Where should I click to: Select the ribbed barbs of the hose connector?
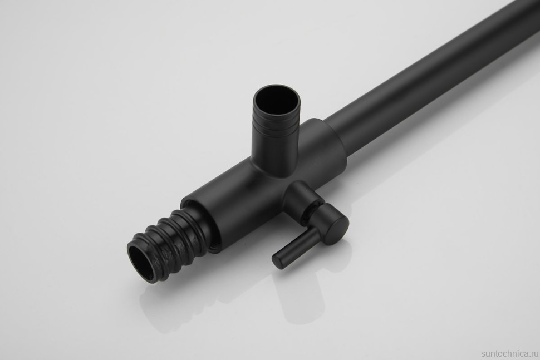[x=169, y=243]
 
